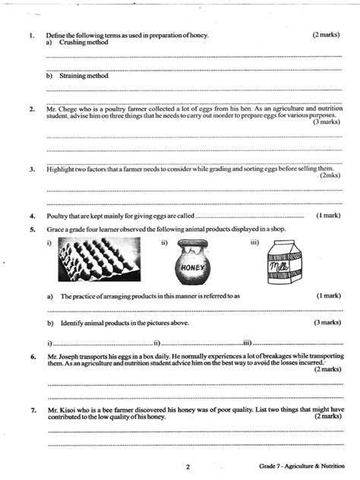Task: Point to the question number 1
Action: pyautogui.click(x=31, y=36)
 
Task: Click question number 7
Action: pyautogui.click(x=31, y=409)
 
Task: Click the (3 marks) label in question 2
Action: pyautogui.click(x=325, y=121)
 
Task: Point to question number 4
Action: pyautogui.click(x=31, y=214)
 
